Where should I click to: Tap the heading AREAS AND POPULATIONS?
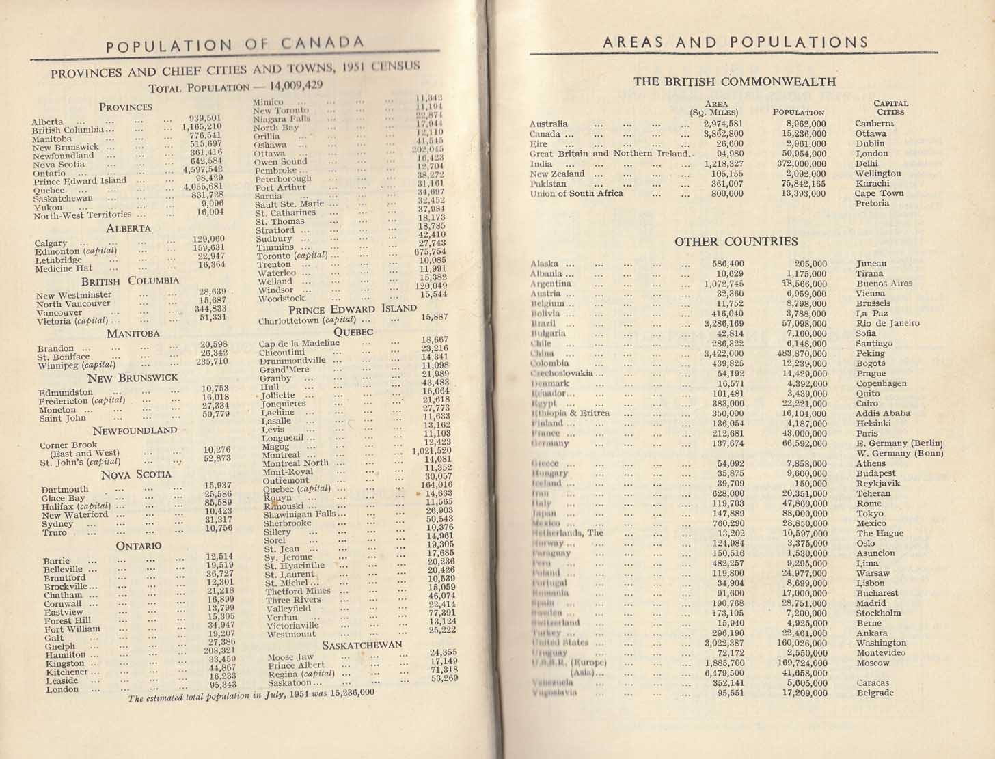coord(735,42)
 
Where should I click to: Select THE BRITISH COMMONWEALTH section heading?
coord(735,81)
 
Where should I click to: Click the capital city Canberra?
coord(874,124)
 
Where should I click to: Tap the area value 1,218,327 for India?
coord(719,164)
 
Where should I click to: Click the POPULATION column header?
coord(798,112)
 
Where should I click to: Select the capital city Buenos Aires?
coord(884,284)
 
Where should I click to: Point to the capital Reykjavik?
coord(877,484)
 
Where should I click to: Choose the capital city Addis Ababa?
coord(883,413)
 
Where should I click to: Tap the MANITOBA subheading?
coord(133,334)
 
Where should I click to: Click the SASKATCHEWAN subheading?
coord(362,645)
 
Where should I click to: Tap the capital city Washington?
coord(881,643)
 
